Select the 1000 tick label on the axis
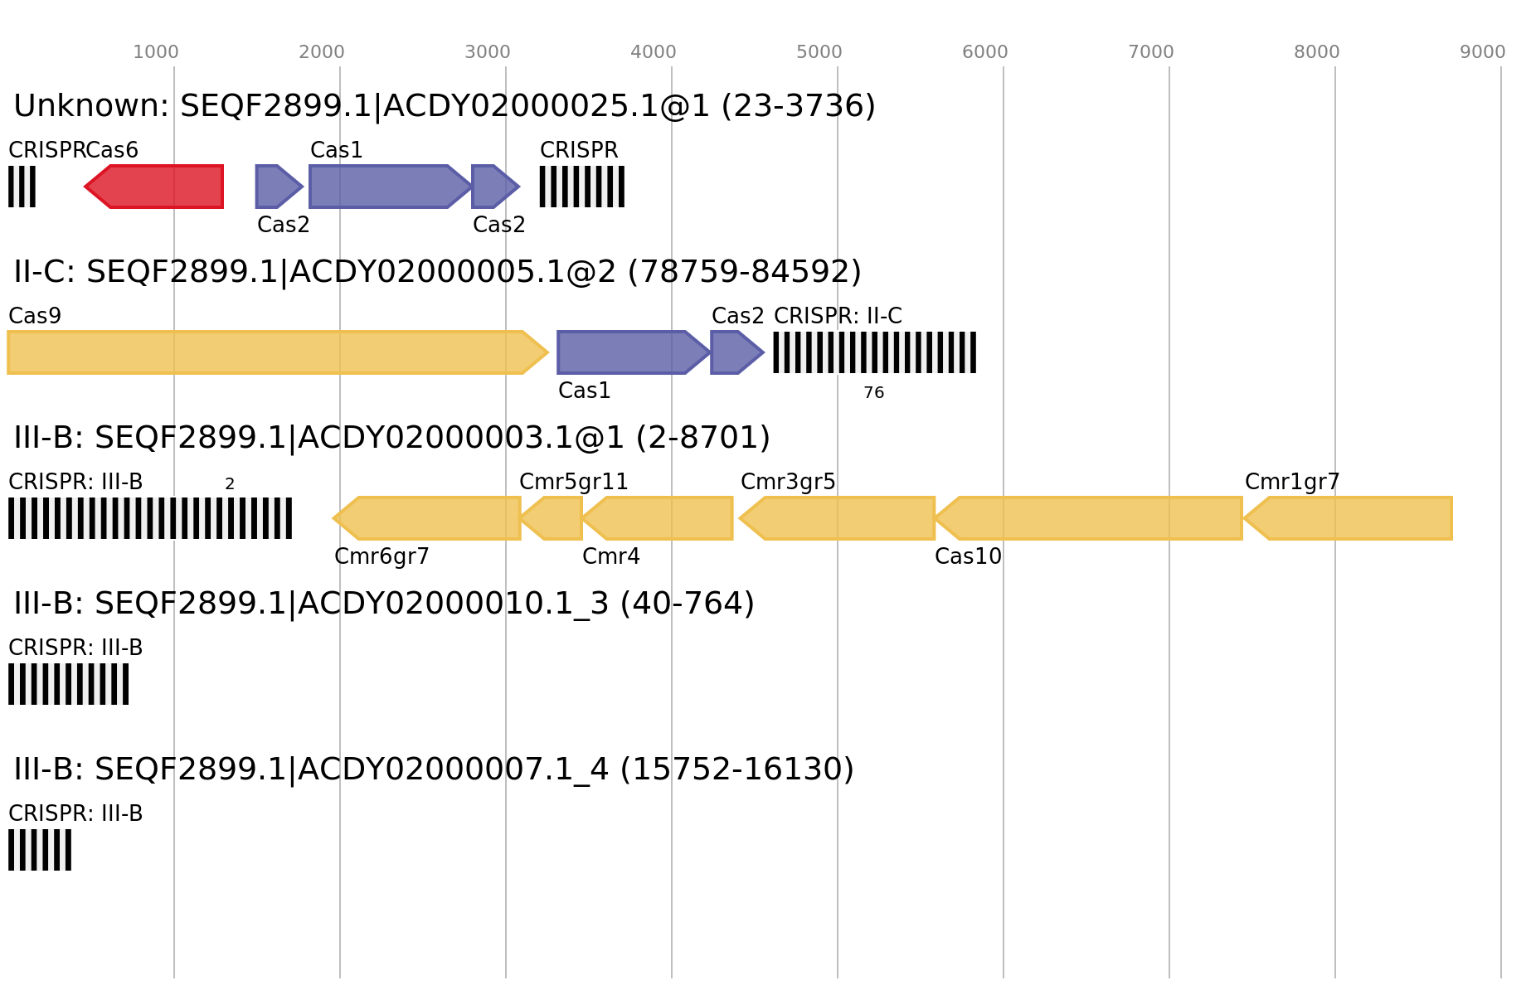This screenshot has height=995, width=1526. click(156, 52)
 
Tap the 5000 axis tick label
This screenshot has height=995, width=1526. click(819, 52)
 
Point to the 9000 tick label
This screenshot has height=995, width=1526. click(1483, 52)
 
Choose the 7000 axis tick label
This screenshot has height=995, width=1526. click(1151, 52)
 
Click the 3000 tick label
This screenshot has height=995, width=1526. click(488, 52)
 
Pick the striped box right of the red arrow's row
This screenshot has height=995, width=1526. click(581, 187)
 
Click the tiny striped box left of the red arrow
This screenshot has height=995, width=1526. click(22, 187)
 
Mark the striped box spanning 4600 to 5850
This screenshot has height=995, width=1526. click(874, 352)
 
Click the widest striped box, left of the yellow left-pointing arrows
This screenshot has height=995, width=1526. click(150, 518)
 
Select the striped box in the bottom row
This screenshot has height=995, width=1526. click(40, 850)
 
